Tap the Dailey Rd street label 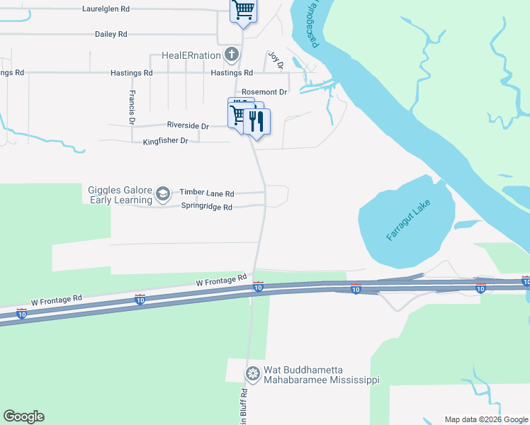click(111, 34)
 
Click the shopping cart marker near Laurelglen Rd click(243, 10)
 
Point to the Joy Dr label click(276, 60)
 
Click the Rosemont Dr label click(264, 92)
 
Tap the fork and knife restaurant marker click(256, 121)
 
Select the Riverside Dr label click(188, 125)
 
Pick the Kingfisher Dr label click(165, 141)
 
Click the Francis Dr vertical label click(132, 107)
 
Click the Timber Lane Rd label click(206, 193)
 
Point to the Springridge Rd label click(207, 207)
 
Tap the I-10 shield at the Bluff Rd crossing click(258, 286)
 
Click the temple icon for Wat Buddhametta click(252, 373)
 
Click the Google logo click(23, 416)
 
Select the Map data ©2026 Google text click(486, 419)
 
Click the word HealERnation click(191, 55)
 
